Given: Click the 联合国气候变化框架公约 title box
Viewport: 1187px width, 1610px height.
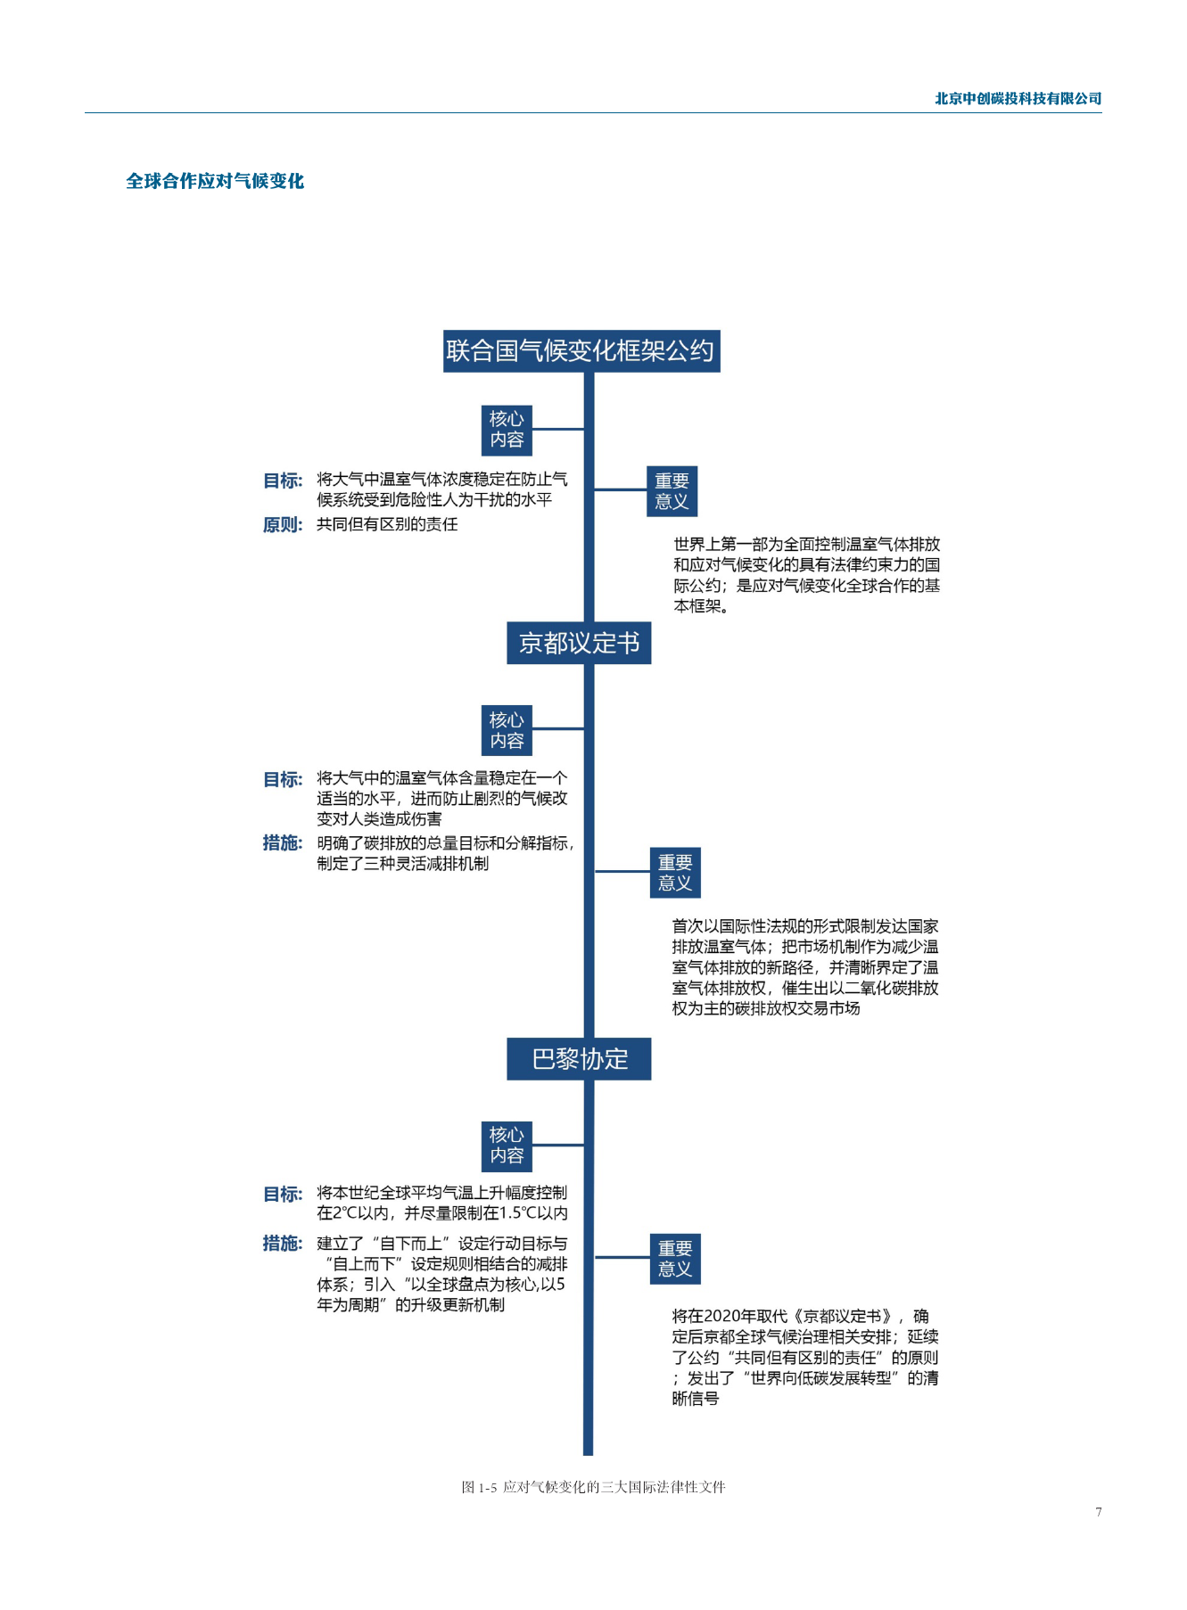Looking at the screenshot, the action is [x=581, y=350].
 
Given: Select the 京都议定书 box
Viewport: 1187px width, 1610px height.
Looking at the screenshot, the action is [x=579, y=643].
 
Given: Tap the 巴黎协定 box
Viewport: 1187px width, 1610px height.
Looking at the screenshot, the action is [x=579, y=1059].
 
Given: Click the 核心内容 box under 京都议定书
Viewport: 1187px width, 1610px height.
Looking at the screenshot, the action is [x=507, y=730].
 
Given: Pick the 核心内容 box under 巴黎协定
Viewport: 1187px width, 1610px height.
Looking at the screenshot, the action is [x=507, y=1146].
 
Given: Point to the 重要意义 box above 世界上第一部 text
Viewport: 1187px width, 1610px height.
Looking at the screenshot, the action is [x=672, y=491].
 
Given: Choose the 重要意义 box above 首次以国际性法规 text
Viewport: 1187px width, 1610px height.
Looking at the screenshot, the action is [x=675, y=872].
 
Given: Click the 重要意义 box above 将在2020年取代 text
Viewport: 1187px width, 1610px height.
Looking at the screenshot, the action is [x=675, y=1259].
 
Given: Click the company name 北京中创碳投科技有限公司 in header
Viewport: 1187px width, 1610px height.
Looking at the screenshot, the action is [x=1018, y=99].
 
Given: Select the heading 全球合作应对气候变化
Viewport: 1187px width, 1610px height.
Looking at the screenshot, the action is [x=215, y=181].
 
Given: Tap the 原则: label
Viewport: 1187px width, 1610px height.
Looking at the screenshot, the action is [x=283, y=525].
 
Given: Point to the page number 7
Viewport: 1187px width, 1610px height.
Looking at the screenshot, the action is [x=1099, y=1512].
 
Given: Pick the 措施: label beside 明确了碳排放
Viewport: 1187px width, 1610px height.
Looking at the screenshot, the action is [x=283, y=842].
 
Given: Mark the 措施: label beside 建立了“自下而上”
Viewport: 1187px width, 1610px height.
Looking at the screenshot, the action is [x=283, y=1243].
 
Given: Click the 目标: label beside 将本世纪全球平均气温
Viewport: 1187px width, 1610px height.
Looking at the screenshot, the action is [x=283, y=1194].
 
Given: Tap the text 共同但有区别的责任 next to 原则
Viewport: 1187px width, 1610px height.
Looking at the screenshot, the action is [x=387, y=524].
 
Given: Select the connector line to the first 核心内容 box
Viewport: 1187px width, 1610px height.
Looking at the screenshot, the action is [x=558, y=429].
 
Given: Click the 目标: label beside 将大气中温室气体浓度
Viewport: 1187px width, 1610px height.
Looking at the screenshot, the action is [x=283, y=481].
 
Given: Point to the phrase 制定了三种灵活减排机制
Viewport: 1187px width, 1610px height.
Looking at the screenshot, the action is [x=402, y=863].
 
